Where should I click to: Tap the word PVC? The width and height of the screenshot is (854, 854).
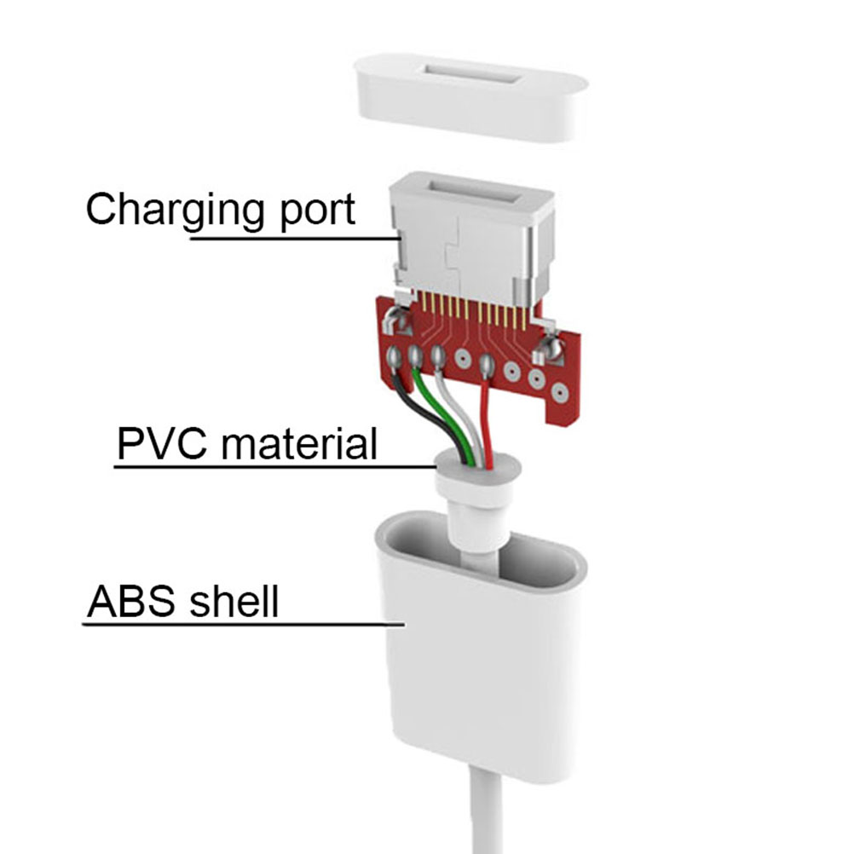pyautogui.click(x=162, y=443)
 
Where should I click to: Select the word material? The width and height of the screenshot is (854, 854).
pyautogui.click(x=299, y=443)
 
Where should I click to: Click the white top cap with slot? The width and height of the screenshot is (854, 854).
pyautogui.click(x=470, y=95)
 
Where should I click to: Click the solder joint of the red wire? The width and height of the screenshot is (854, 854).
pyautogui.click(x=487, y=365)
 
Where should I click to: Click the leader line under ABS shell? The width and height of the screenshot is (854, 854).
pyautogui.click(x=244, y=624)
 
